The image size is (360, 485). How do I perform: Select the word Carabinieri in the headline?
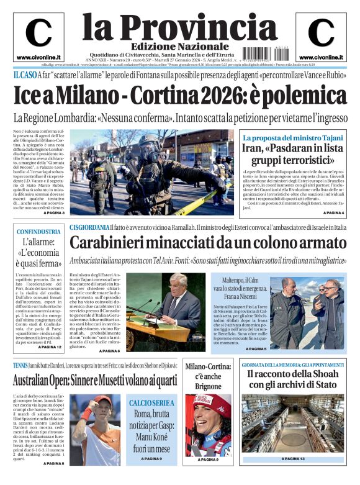click(114, 243)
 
